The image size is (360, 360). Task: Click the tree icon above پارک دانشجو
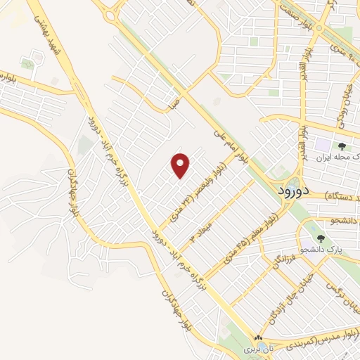coord(321,238)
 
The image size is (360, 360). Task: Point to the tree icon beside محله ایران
coord(342,146)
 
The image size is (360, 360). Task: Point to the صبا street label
coord(173,105)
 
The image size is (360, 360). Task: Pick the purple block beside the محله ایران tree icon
coord(323,147)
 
